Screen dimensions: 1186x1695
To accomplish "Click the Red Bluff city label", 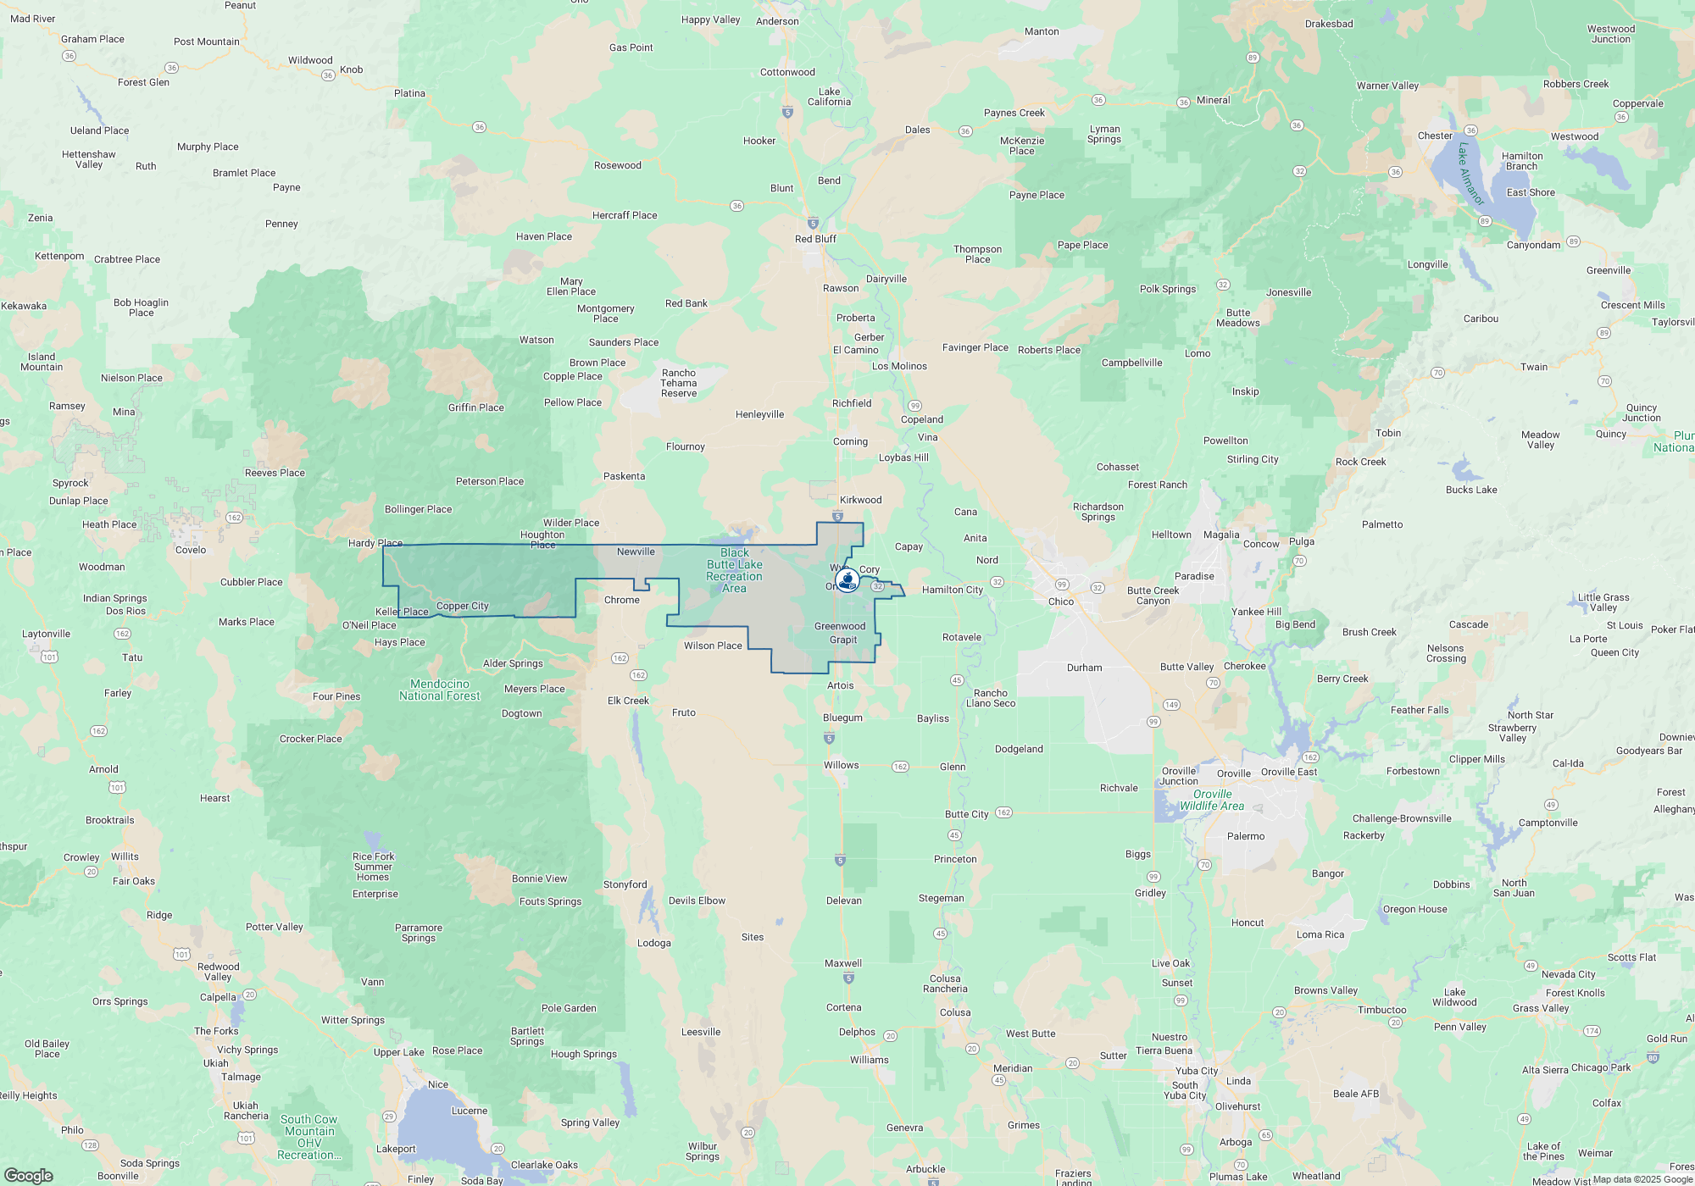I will click(815, 239).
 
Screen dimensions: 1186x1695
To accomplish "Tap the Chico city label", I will click(1061, 601).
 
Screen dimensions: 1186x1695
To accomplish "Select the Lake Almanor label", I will click(1470, 174).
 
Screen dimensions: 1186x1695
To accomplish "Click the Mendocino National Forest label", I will click(439, 690).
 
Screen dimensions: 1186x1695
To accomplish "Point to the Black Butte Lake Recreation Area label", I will click(734, 571).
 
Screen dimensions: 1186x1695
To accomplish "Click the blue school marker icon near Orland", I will click(847, 580).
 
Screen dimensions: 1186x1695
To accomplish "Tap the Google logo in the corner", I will click(29, 1175).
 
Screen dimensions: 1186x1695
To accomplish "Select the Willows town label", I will click(841, 765).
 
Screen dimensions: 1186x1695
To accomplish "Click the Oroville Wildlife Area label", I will click(1212, 801).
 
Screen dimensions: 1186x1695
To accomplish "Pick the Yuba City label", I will click(1196, 1071).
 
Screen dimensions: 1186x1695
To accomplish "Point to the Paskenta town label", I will click(624, 476).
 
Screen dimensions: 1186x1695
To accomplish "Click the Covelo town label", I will click(191, 550).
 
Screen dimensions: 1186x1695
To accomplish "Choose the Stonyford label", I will click(625, 884).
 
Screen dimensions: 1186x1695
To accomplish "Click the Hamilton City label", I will click(952, 590).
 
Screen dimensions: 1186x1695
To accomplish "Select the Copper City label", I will click(462, 606).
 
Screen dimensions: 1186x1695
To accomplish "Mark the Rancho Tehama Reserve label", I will click(679, 383).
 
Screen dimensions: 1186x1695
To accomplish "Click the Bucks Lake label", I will click(1471, 490).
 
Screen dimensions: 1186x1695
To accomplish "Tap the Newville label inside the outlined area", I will click(636, 551).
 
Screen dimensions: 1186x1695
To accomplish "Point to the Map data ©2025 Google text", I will click(1642, 1179).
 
